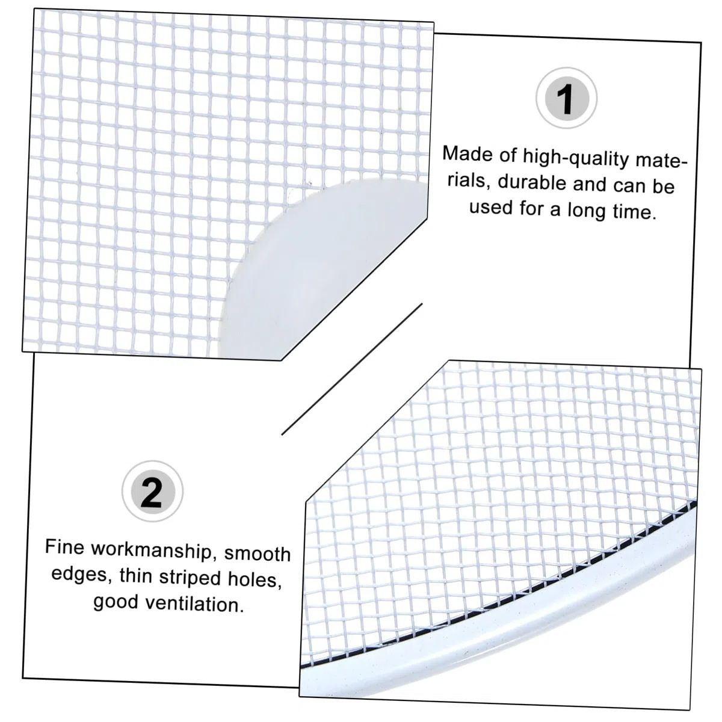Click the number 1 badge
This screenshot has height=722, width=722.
(566, 98)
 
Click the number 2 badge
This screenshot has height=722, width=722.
(152, 491)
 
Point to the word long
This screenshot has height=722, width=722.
(587, 210)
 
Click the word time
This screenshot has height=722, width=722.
(634, 212)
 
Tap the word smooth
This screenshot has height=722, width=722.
(258, 554)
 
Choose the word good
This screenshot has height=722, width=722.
(116, 602)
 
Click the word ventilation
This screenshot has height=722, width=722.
(194, 603)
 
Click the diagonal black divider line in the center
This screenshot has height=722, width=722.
(352, 369)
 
